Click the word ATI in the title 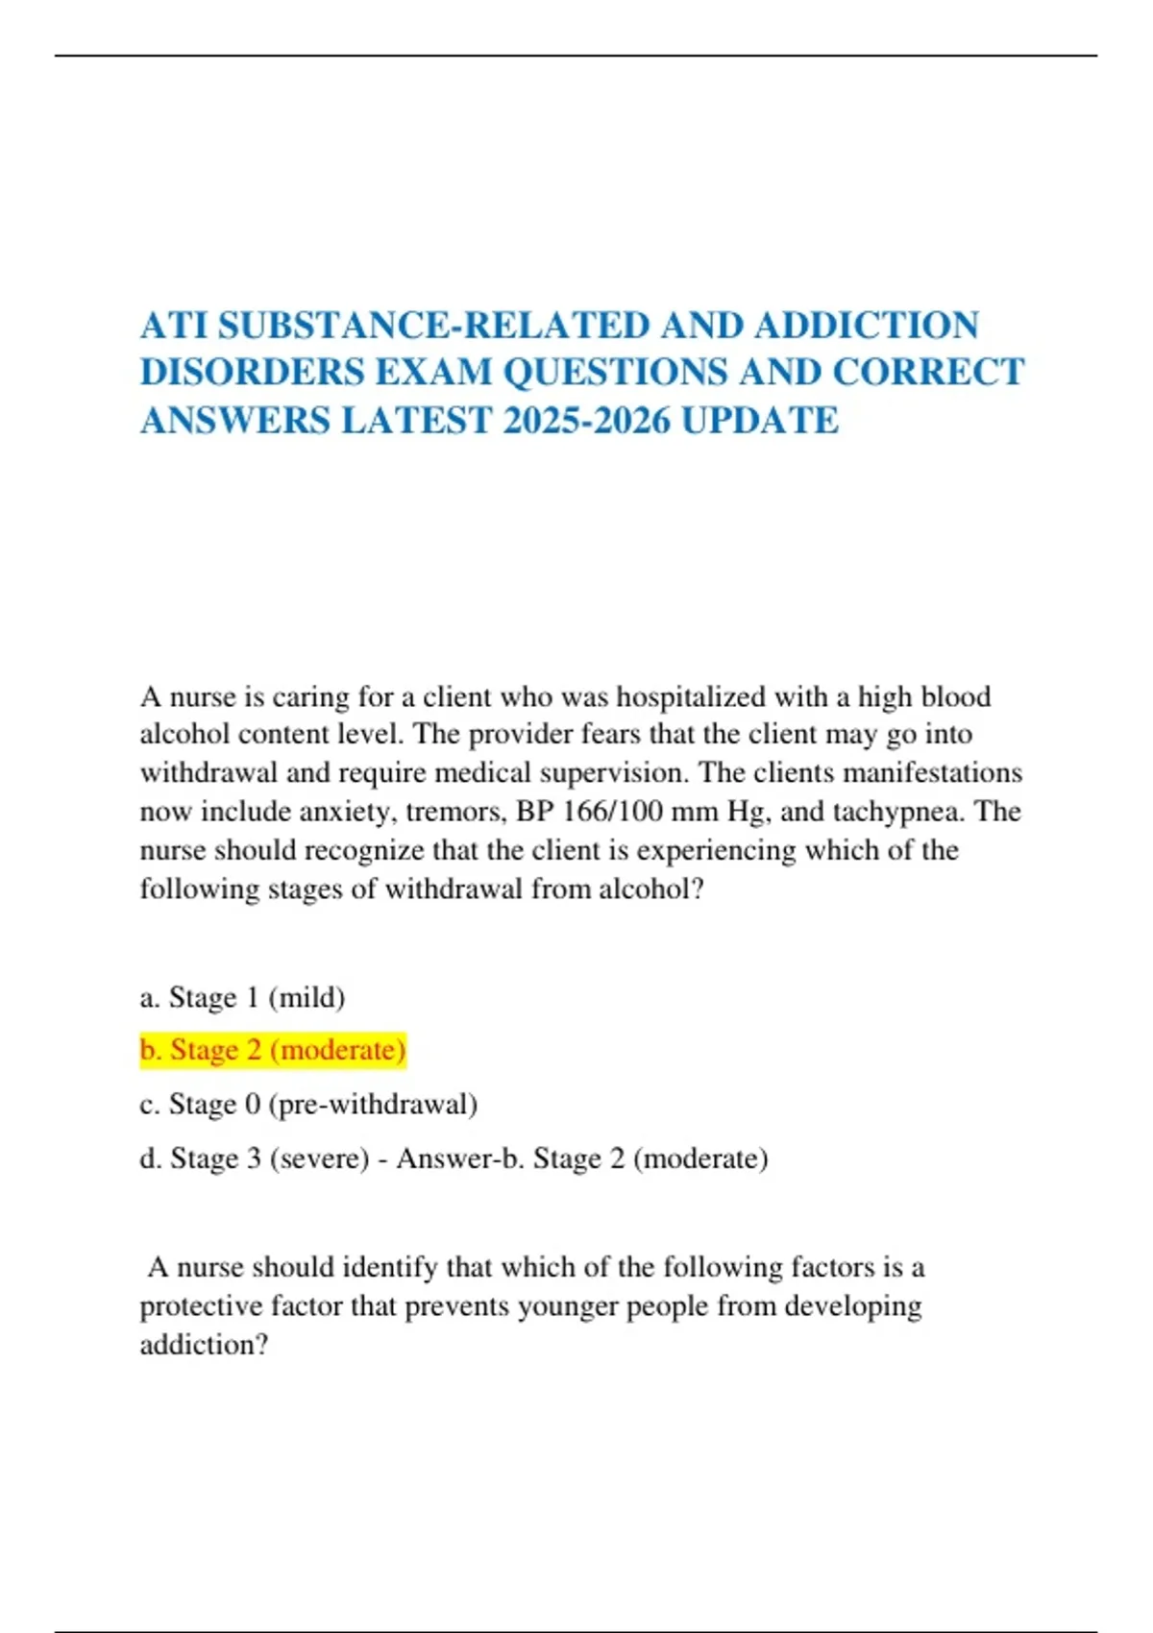point(174,326)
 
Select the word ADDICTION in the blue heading point(866,326)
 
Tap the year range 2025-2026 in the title point(586,421)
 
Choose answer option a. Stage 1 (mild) point(242,998)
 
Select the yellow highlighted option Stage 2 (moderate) point(273,1050)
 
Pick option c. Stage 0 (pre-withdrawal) point(308,1105)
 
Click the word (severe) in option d point(319,1158)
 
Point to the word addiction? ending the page point(204,1345)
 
